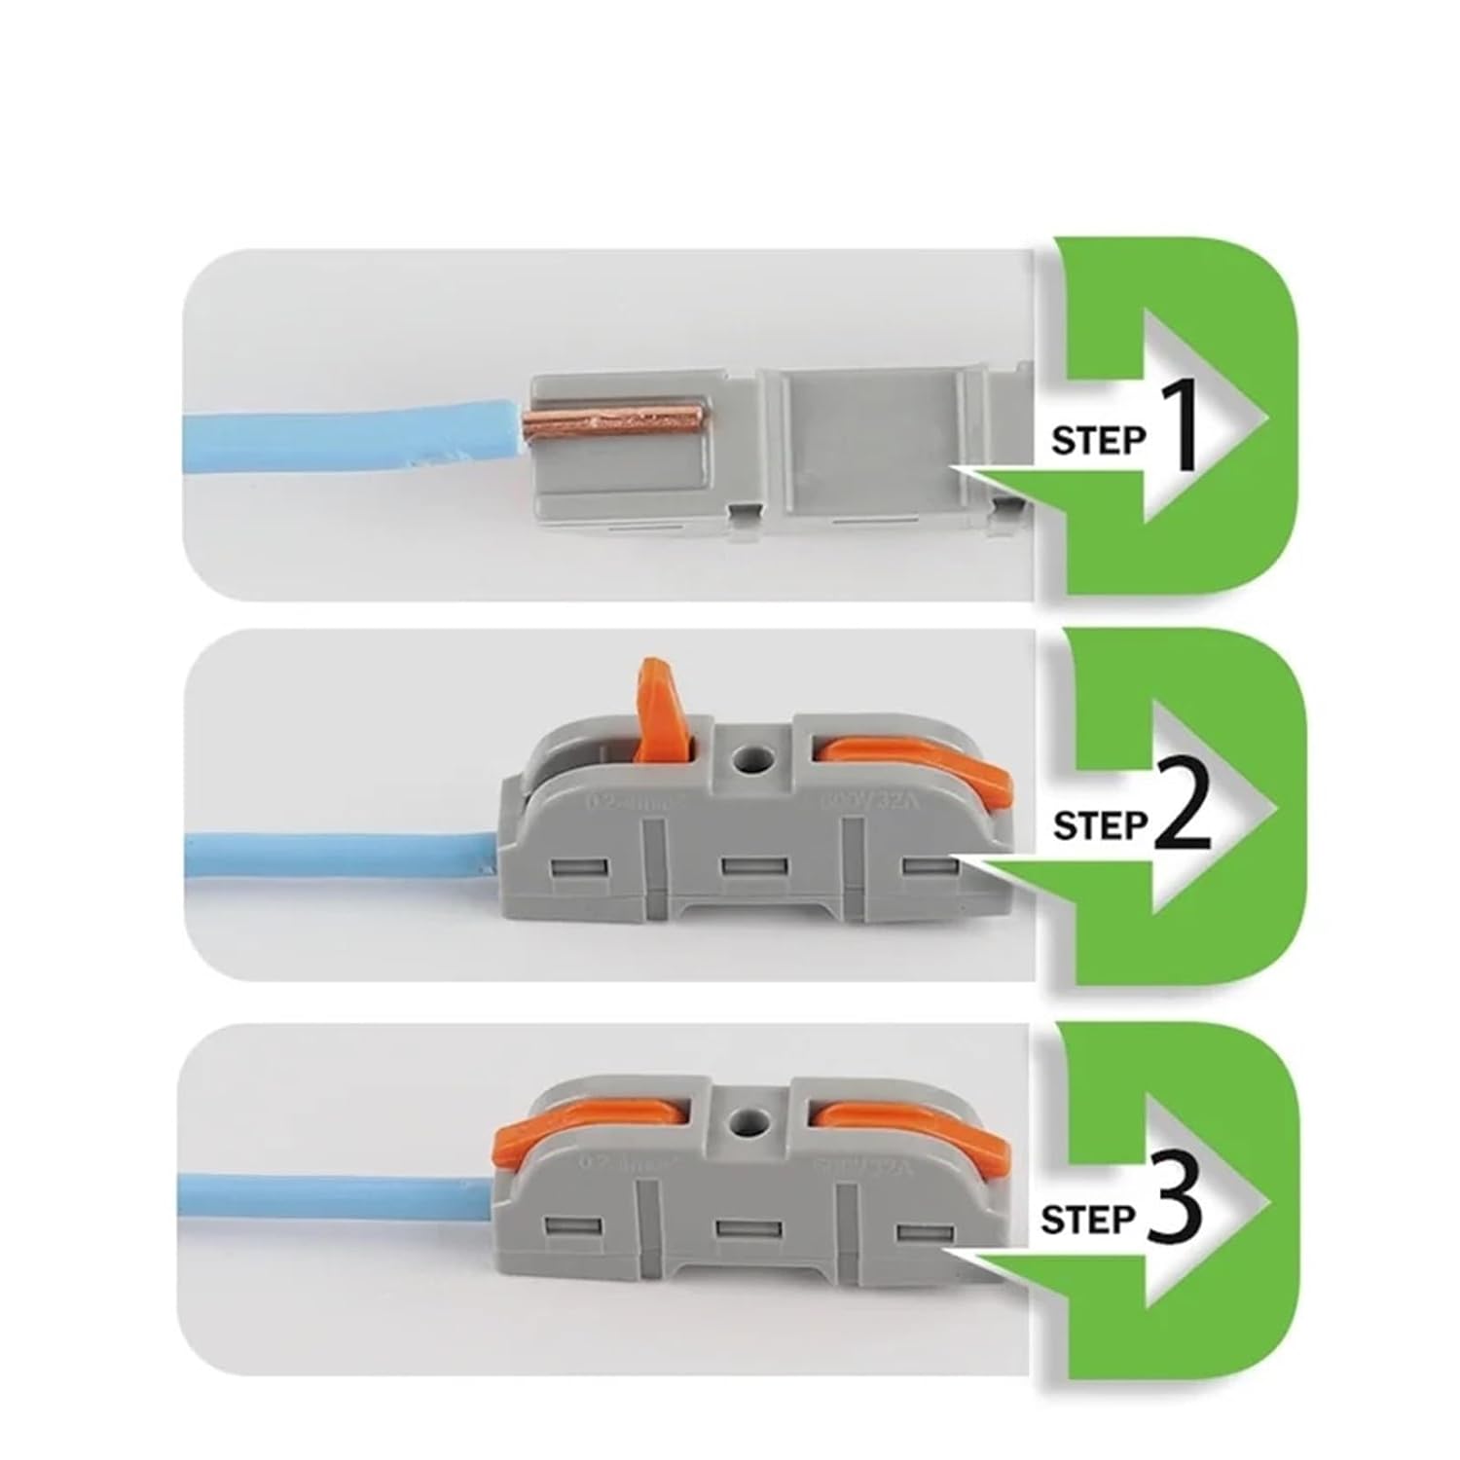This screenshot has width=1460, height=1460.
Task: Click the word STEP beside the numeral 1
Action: (1097, 441)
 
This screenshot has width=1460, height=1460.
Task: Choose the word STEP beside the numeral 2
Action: (1100, 826)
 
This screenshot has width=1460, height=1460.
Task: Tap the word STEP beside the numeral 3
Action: (1086, 1219)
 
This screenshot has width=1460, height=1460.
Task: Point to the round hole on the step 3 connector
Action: (748, 1123)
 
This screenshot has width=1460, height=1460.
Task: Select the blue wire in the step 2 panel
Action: (341, 857)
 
